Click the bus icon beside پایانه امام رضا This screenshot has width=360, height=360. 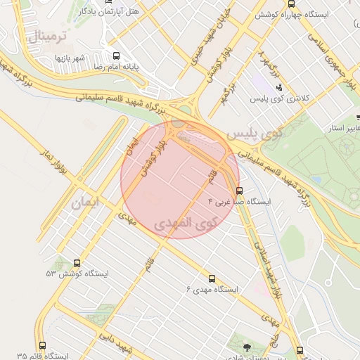[116, 56]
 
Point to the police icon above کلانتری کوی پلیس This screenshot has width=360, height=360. [281, 88]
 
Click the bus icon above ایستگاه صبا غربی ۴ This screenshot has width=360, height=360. [240, 191]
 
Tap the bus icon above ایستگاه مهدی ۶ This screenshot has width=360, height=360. [212, 278]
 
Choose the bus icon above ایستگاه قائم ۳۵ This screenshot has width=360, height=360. [42, 346]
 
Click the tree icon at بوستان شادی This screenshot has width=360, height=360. [246, 347]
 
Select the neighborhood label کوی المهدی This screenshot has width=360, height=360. [185, 225]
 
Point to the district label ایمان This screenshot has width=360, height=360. [86, 202]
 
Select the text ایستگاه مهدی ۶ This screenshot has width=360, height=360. [212, 290]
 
